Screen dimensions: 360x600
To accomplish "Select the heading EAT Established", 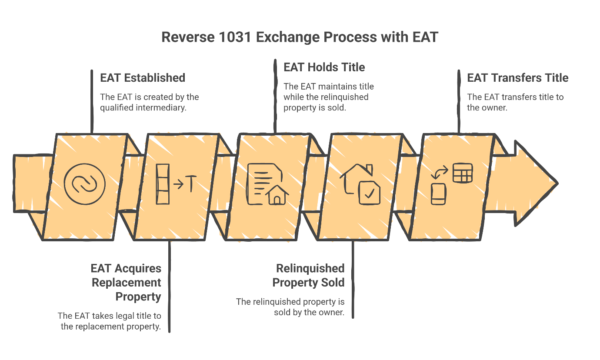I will [x=143, y=78].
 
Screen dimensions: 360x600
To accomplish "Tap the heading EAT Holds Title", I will [x=324, y=67].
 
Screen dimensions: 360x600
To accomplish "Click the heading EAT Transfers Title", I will [x=517, y=78].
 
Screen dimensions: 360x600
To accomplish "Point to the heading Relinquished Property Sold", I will [x=309, y=275].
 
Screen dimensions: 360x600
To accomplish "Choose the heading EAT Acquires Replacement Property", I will [x=126, y=283].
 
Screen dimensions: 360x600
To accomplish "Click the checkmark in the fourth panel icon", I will [x=369, y=194].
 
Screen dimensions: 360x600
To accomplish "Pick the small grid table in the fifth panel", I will [x=462, y=173].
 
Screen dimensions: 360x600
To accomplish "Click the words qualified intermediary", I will [x=143, y=107].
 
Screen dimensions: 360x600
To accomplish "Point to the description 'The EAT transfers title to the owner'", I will [x=515, y=102].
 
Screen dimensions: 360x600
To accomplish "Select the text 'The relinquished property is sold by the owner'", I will [x=290, y=307].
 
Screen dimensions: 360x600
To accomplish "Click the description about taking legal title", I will [x=109, y=321].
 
